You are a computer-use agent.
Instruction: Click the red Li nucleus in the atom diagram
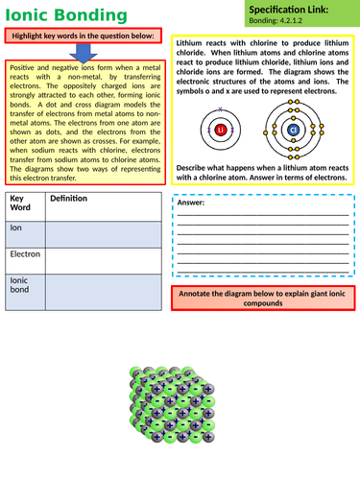point(221,129)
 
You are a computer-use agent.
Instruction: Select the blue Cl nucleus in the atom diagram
point(293,130)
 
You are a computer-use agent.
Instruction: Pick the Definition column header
point(68,199)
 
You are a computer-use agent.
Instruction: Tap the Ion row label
point(15,229)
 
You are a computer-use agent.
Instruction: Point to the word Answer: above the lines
point(192,204)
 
